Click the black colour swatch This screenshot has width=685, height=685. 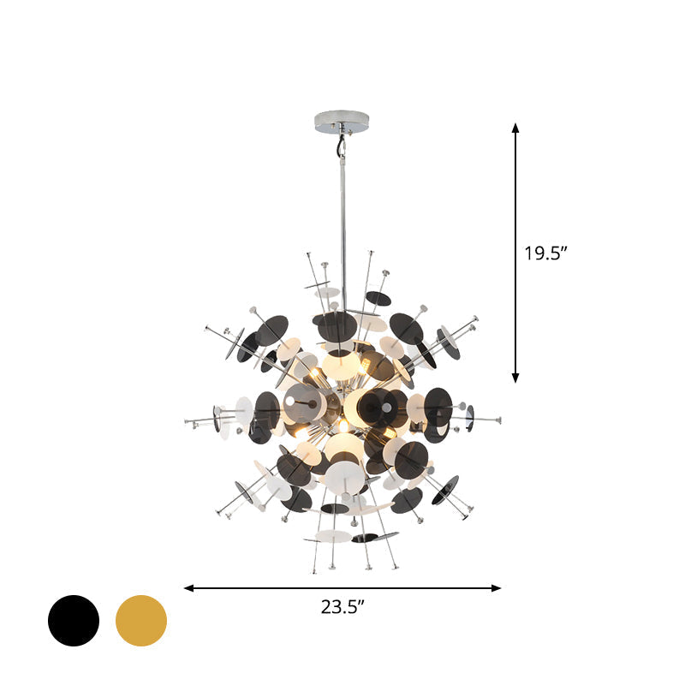coord(74,620)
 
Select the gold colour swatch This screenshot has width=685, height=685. coord(141,620)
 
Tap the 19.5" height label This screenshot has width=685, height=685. coord(545,253)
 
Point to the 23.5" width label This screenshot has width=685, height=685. coord(343,608)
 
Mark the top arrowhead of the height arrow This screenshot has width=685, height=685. coord(515,128)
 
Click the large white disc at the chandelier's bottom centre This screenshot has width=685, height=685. coord(344,476)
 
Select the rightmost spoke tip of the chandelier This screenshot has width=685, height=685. coord(499,420)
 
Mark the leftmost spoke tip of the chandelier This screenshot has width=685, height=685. coord(187,421)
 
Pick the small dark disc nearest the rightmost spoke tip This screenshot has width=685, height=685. coord(469,419)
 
